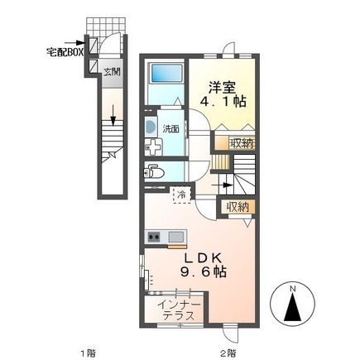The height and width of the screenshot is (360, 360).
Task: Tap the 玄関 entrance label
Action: click(x=112, y=72)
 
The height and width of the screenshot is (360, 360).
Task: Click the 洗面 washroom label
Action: click(x=170, y=129)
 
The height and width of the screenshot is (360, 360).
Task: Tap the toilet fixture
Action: click(x=153, y=171)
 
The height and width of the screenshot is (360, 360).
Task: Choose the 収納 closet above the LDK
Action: click(x=234, y=207)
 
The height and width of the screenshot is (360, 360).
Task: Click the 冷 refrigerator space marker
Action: click(x=180, y=194)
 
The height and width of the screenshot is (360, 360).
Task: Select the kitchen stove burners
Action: click(x=153, y=238)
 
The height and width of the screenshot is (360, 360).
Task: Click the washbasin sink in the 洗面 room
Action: click(x=150, y=127)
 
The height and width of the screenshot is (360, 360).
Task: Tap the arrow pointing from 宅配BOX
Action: click(x=82, y=44)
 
